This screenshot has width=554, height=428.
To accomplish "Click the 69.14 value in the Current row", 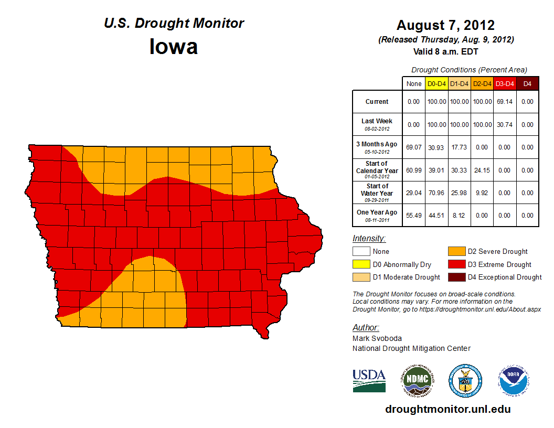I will pos(505,102).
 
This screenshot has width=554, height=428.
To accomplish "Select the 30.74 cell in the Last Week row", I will pos(505,125).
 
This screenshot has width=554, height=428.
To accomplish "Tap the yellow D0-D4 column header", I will pos(436,83).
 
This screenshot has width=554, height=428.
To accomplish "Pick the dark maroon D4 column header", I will pos(527,83).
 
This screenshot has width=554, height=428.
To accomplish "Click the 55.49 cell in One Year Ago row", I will pos(414,216).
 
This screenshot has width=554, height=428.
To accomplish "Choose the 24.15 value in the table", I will pos(482,170).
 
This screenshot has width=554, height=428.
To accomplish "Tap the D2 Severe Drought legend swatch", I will pos(455,251).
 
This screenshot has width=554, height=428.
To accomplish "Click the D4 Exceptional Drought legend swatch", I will pos(455,277).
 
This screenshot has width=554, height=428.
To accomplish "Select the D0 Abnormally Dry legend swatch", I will pos(360,264).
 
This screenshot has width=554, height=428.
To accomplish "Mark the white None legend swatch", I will pos(360,251).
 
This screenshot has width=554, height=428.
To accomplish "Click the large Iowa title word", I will pos(174,47).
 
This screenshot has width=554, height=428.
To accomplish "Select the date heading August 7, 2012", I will pos(445,25).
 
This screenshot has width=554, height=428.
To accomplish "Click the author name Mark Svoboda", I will pos(377,338).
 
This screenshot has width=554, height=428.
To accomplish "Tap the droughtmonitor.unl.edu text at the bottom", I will pos(448,409).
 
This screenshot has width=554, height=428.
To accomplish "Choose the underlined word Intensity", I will pos(369,239).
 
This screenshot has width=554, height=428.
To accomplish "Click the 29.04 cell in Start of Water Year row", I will pos(414,193).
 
